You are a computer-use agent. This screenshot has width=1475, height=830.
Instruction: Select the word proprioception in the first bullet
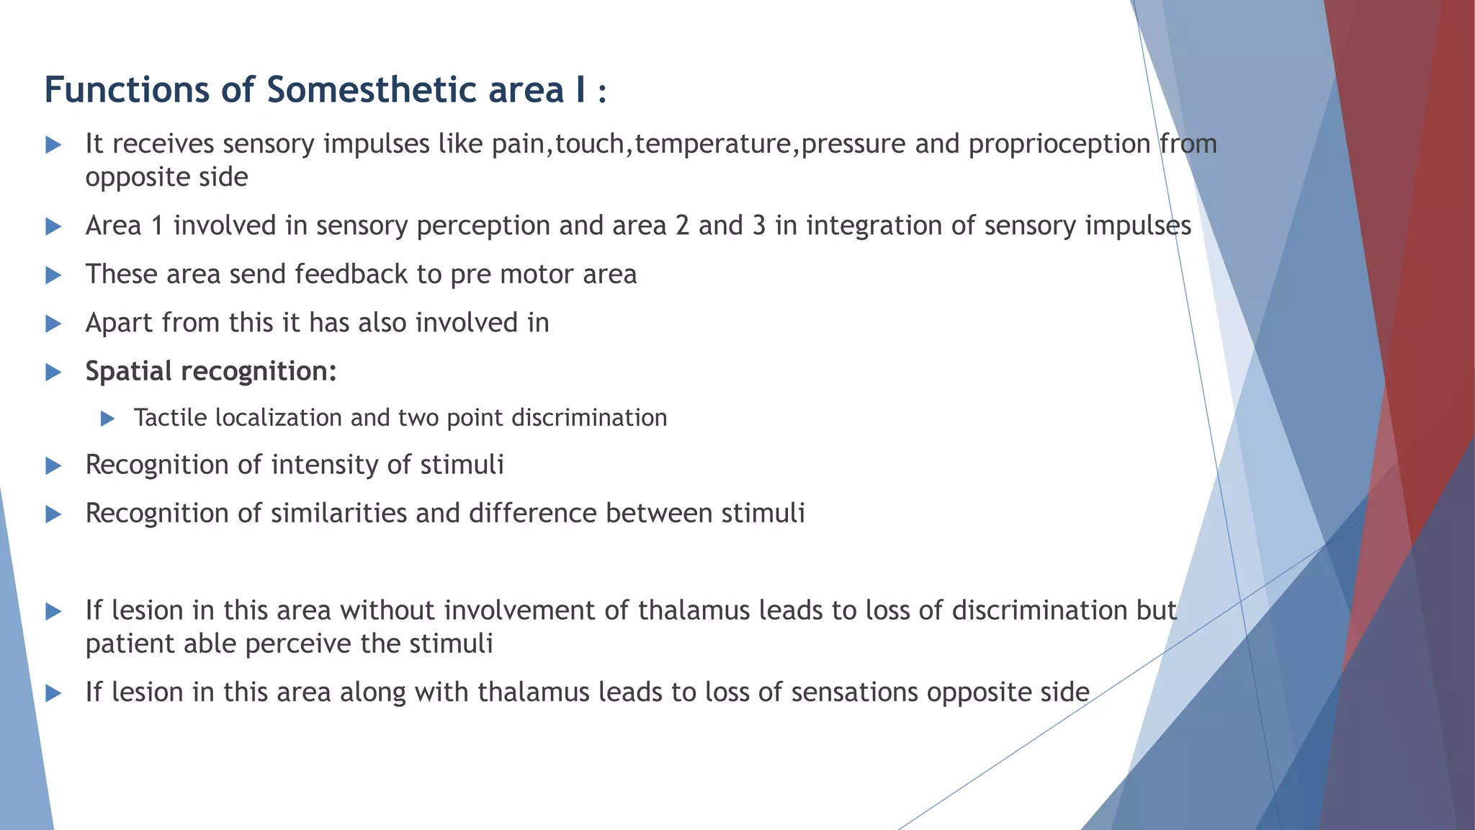pyautogui.click(x=1059, y=145)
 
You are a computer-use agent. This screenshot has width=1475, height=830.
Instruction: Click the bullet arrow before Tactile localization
pyautogui.click(x=108, y=418)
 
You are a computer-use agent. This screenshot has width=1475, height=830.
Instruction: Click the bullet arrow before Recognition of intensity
pyautogui.click(x=53, y=466)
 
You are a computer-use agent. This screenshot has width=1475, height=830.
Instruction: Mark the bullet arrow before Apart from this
pyautogui.click(x=53, y=323)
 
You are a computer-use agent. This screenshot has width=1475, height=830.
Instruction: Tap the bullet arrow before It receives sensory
pyautogui.click(x=53, y=145)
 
